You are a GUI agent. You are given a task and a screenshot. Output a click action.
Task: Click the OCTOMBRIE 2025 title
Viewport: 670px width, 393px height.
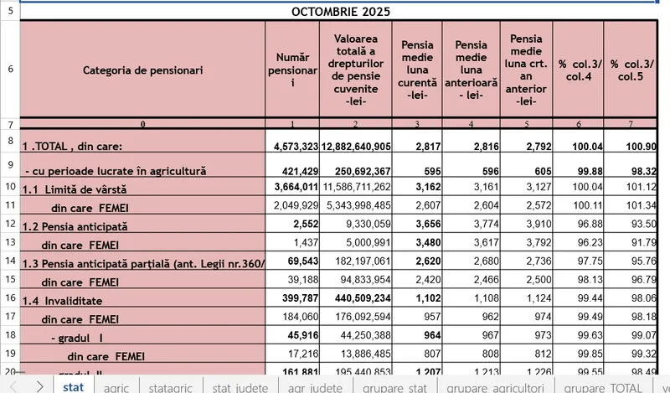coord(339,12)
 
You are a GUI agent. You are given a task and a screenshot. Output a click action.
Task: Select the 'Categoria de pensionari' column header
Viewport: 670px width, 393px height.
coord(142,70)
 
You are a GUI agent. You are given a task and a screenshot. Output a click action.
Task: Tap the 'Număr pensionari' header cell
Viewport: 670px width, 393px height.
coord(292,70)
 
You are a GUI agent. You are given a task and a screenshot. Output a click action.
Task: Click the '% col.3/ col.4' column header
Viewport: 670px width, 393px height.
coord(578,70)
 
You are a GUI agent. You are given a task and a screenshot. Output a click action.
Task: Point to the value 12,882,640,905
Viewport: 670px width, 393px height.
coord(356,147)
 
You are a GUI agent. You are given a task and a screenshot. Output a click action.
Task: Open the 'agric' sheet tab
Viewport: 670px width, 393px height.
coord(116,386)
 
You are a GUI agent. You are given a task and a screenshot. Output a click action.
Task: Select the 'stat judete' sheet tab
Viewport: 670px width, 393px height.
coord(240,386)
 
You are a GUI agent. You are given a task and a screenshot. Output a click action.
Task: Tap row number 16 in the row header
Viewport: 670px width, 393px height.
coord(10,299)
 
